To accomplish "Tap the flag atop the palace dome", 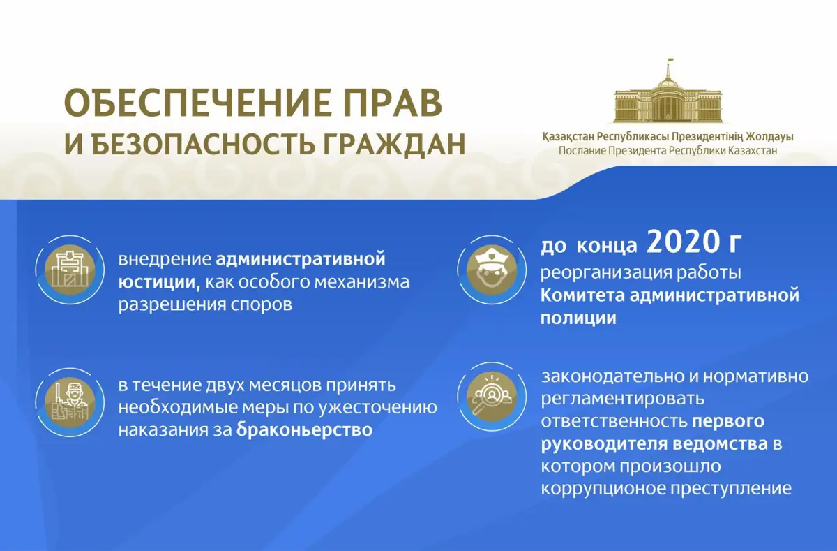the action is coord(670,61).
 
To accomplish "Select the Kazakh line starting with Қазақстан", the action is coord(668,137).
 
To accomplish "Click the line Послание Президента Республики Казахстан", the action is coord(668,151).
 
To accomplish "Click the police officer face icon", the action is coord(492,270).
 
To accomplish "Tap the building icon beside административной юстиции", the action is coord(70,270).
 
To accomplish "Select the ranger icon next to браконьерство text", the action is coord(70,402).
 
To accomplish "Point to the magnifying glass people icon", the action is coord(492,397).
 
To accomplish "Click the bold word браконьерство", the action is coord(305,429).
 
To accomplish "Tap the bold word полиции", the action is coord(578,318).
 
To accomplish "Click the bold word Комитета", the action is coord(583,296).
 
